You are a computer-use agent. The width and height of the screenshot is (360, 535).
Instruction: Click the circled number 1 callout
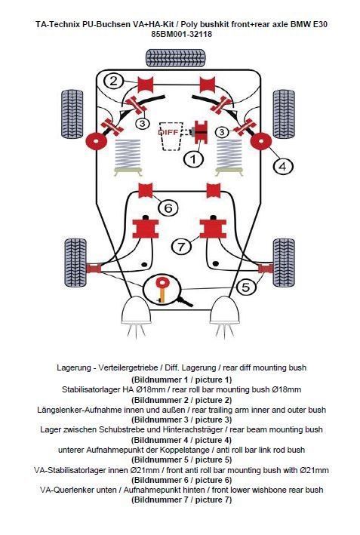tap(193, 158)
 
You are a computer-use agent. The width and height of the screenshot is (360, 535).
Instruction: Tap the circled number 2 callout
tap(114, 81)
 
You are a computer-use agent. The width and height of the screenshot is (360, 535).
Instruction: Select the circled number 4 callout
tap(283, 166)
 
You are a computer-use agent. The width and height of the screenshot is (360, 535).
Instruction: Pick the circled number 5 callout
tap(246, 287)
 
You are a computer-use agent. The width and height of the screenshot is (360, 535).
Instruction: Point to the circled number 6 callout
tap(168, 208)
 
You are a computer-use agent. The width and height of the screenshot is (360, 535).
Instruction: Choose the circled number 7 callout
tap(181, 246)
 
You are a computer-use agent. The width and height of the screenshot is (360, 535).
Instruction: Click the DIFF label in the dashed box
tap(168, 131)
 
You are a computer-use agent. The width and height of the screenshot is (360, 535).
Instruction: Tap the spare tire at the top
tap(176, 58)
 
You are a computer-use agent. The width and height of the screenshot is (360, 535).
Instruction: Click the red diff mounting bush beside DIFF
tap(202, 132)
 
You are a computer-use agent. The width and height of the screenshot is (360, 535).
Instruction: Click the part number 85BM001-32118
tap(181, 34)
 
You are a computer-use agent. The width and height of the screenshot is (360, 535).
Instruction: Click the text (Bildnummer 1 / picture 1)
tap(181, 380)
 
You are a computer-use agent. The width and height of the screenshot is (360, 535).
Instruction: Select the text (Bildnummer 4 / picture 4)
tap(181, 440)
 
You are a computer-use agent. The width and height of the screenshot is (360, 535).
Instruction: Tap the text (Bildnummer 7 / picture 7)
tap(181, 500)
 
